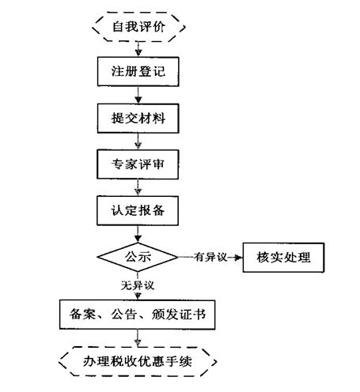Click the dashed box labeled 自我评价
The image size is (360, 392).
(x=138, y=27)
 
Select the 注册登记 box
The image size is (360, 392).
(x=138, y=72)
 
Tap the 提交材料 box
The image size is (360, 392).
(x=138, y=119)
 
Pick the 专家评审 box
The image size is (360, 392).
(x=138, y=164)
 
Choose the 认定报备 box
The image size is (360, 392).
(x=138, y=210)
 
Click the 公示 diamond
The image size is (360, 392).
(x=138, y=257)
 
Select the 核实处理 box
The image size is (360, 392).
(x=283, y=258)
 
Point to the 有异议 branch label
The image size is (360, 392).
(x=210, y=257)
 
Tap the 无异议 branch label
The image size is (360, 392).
(x=138, y=285)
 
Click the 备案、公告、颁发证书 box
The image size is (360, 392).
(x=137, y=315)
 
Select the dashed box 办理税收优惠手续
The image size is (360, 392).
(x=138, y=361)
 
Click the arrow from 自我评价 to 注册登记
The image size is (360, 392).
(x=138, y=49)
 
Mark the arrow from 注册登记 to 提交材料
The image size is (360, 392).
(x=138, y=95)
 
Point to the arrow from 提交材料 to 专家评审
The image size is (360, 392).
(x=138, y=141)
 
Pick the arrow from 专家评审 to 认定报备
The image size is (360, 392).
(x=138, y=187)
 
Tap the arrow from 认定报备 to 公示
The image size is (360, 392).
(x=138, y=234)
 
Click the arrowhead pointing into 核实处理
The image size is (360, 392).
(x=238, y=258)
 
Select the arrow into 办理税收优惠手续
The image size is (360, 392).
(x=138, y=338)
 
